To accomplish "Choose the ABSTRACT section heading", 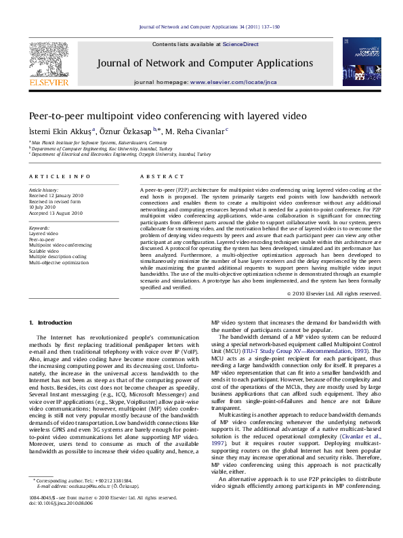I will (x=157, y=176).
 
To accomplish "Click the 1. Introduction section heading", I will (x=49, y=322).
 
